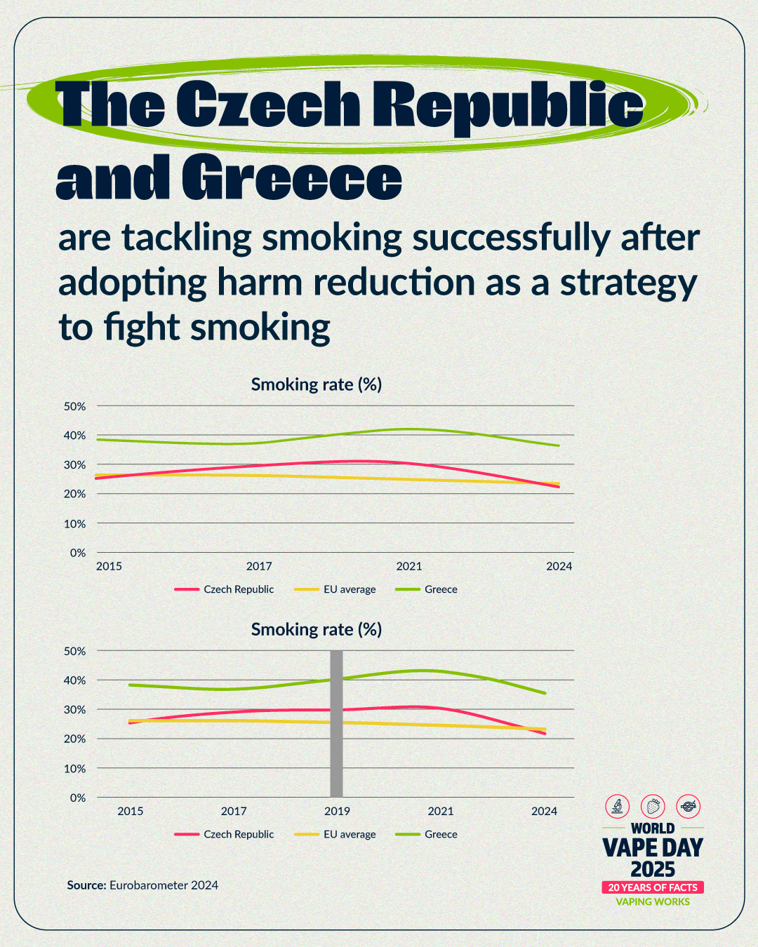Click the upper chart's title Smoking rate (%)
point(317,384)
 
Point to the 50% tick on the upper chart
point(74,406)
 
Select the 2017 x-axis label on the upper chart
point(259,566)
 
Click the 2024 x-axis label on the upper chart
point(559,566)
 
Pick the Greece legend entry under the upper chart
point(440,589)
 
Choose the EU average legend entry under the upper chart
point(349,589)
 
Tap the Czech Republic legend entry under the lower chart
point(238,834)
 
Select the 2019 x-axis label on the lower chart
point(337,811)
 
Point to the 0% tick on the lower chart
point(77,798)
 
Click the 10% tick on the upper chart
point(74,523)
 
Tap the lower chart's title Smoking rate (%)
point(317,629)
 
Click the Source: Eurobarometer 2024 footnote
point(142,885)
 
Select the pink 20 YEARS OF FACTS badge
point(653,887)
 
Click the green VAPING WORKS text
point(653,902)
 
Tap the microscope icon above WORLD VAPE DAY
point(618,806)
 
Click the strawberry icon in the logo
point(653,806)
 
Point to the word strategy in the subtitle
point(628,283)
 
